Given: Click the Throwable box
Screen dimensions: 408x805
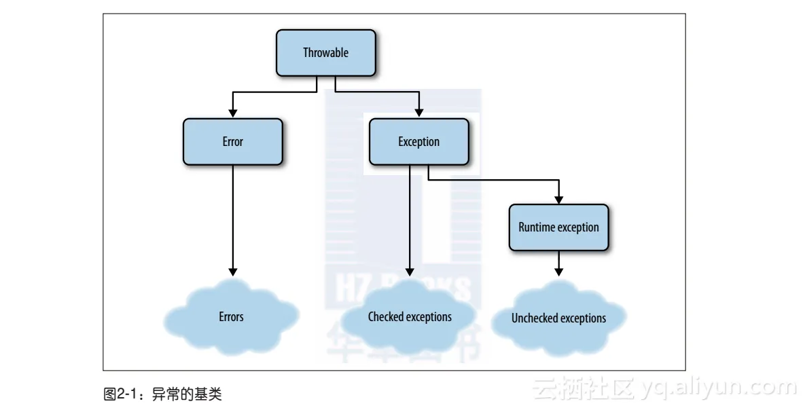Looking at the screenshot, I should (325, 53).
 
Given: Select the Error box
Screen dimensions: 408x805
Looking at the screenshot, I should (232, 142).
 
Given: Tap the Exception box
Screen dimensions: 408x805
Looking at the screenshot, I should (418, 142).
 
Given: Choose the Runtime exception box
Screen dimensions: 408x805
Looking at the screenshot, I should (558, 227).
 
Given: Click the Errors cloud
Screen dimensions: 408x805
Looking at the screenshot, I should (231, 316).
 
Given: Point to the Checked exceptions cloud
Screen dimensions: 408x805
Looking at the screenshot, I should (410, 317).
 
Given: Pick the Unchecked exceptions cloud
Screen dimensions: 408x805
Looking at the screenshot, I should (558, 318).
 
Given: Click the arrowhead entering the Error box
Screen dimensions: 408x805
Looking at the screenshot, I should (233, 113).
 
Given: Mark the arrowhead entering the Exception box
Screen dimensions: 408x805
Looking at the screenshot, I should (419, 113).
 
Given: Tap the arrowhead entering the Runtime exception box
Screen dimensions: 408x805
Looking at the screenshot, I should (559, 199).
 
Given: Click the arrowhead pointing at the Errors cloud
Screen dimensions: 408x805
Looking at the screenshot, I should (233, 271).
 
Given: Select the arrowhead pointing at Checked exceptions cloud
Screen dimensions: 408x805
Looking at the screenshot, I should (410, 271).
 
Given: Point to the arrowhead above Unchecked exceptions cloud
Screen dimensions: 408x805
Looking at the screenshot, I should (559, 271).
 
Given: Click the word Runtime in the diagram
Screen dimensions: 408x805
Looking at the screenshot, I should (537, 227).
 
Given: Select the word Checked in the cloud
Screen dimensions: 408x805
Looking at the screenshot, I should (386, 317).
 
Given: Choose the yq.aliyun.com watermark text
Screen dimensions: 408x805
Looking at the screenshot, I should (717, 388).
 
